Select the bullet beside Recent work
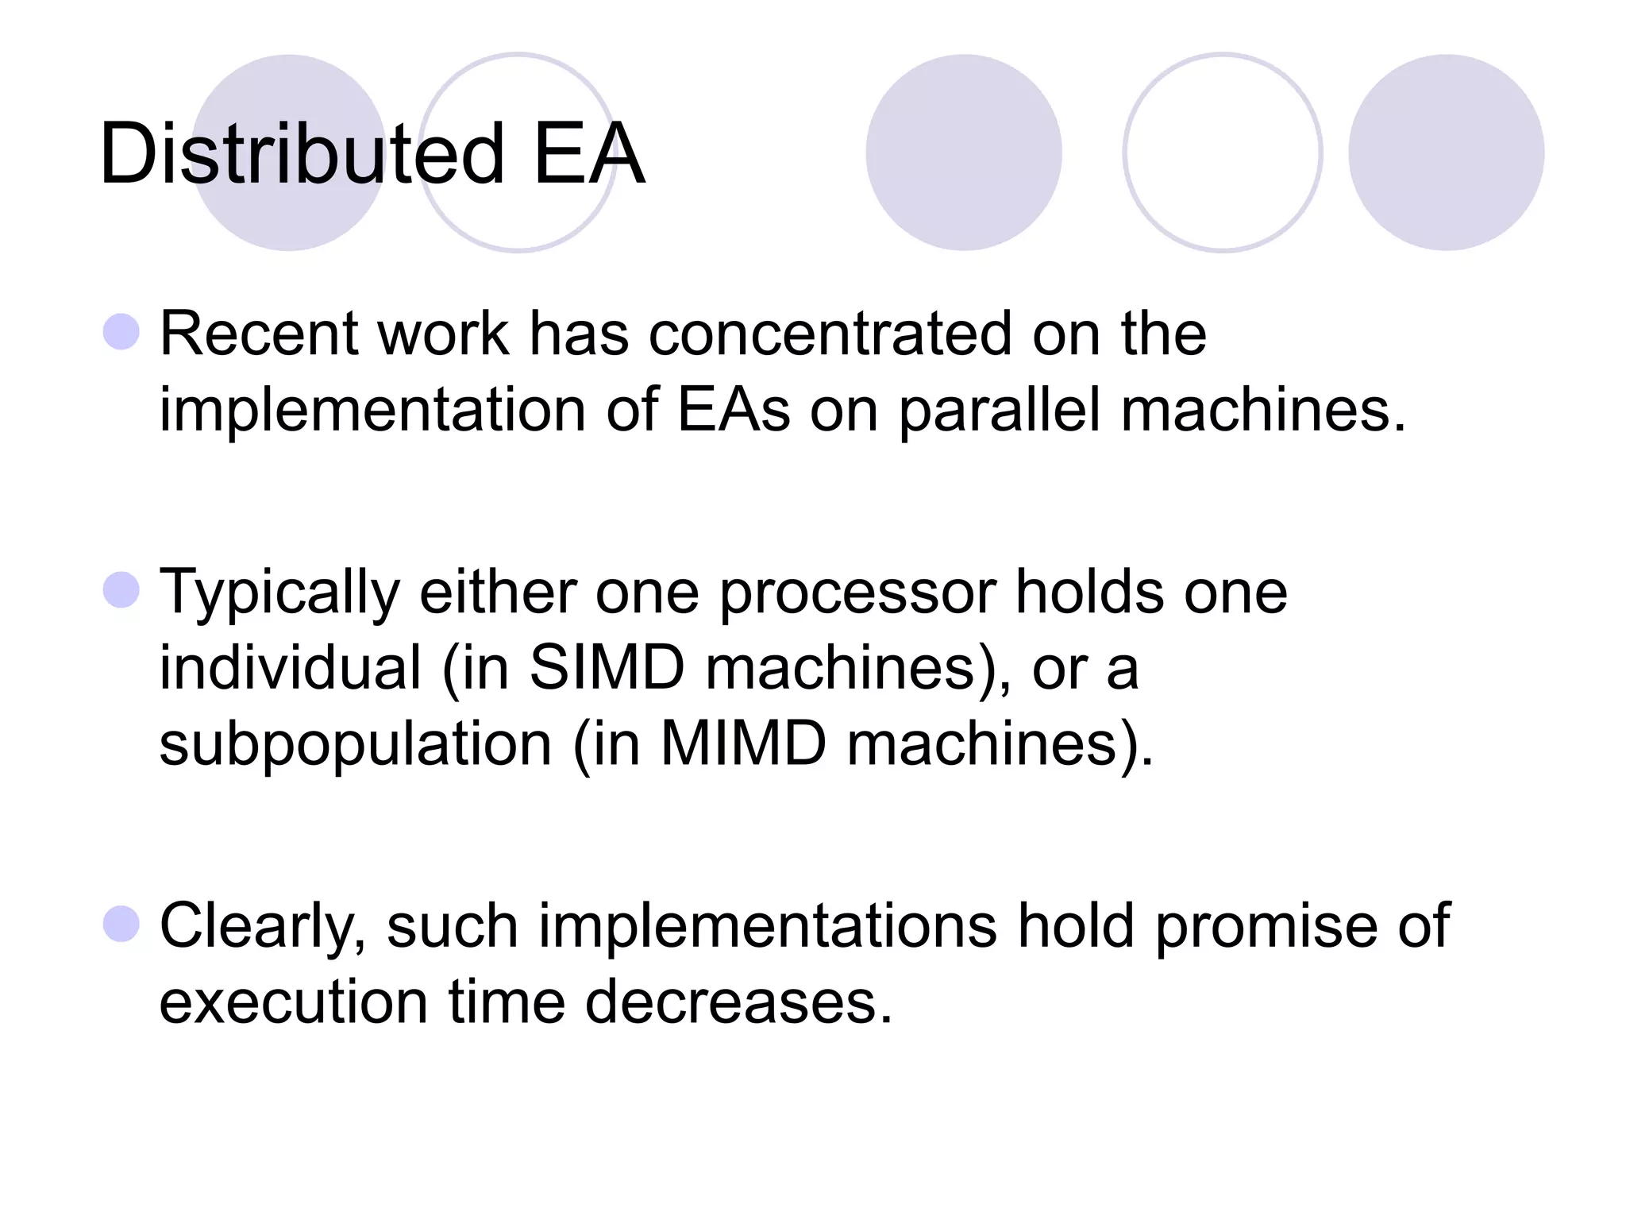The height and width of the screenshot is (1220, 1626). pos(121,331)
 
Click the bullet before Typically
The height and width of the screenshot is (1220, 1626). pos(121,590)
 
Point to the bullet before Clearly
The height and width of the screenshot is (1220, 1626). pos(121,924)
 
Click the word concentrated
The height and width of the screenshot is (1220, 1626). pos(830,334)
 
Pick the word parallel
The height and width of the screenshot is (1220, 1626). pos(1000,411)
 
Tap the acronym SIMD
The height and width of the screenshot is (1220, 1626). pos(607,667)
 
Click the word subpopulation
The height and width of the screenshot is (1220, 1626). pos(355,745)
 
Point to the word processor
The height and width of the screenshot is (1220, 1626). pos(857,593)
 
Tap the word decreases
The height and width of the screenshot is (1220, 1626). pos(738,1002)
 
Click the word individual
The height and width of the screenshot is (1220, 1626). pos(290,667)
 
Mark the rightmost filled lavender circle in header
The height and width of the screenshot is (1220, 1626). pos(1446,152)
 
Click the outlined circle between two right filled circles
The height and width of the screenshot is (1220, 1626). pos(1222,152)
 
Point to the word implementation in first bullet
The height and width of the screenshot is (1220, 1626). pos(372,411)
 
